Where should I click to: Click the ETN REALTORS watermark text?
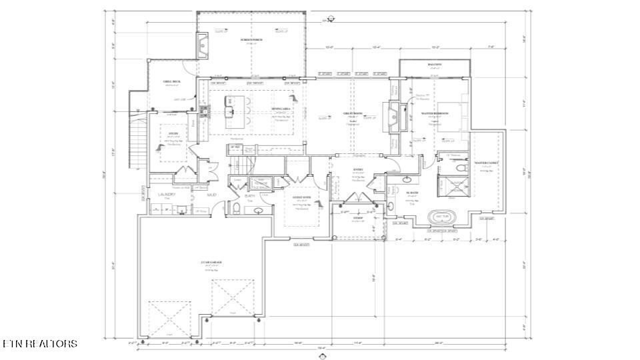39,344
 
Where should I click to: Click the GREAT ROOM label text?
353,113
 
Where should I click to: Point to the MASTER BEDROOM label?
435,113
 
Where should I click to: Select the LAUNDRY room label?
167,195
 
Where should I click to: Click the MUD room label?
211,195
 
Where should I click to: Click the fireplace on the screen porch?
203,45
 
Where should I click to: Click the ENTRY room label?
357,170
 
